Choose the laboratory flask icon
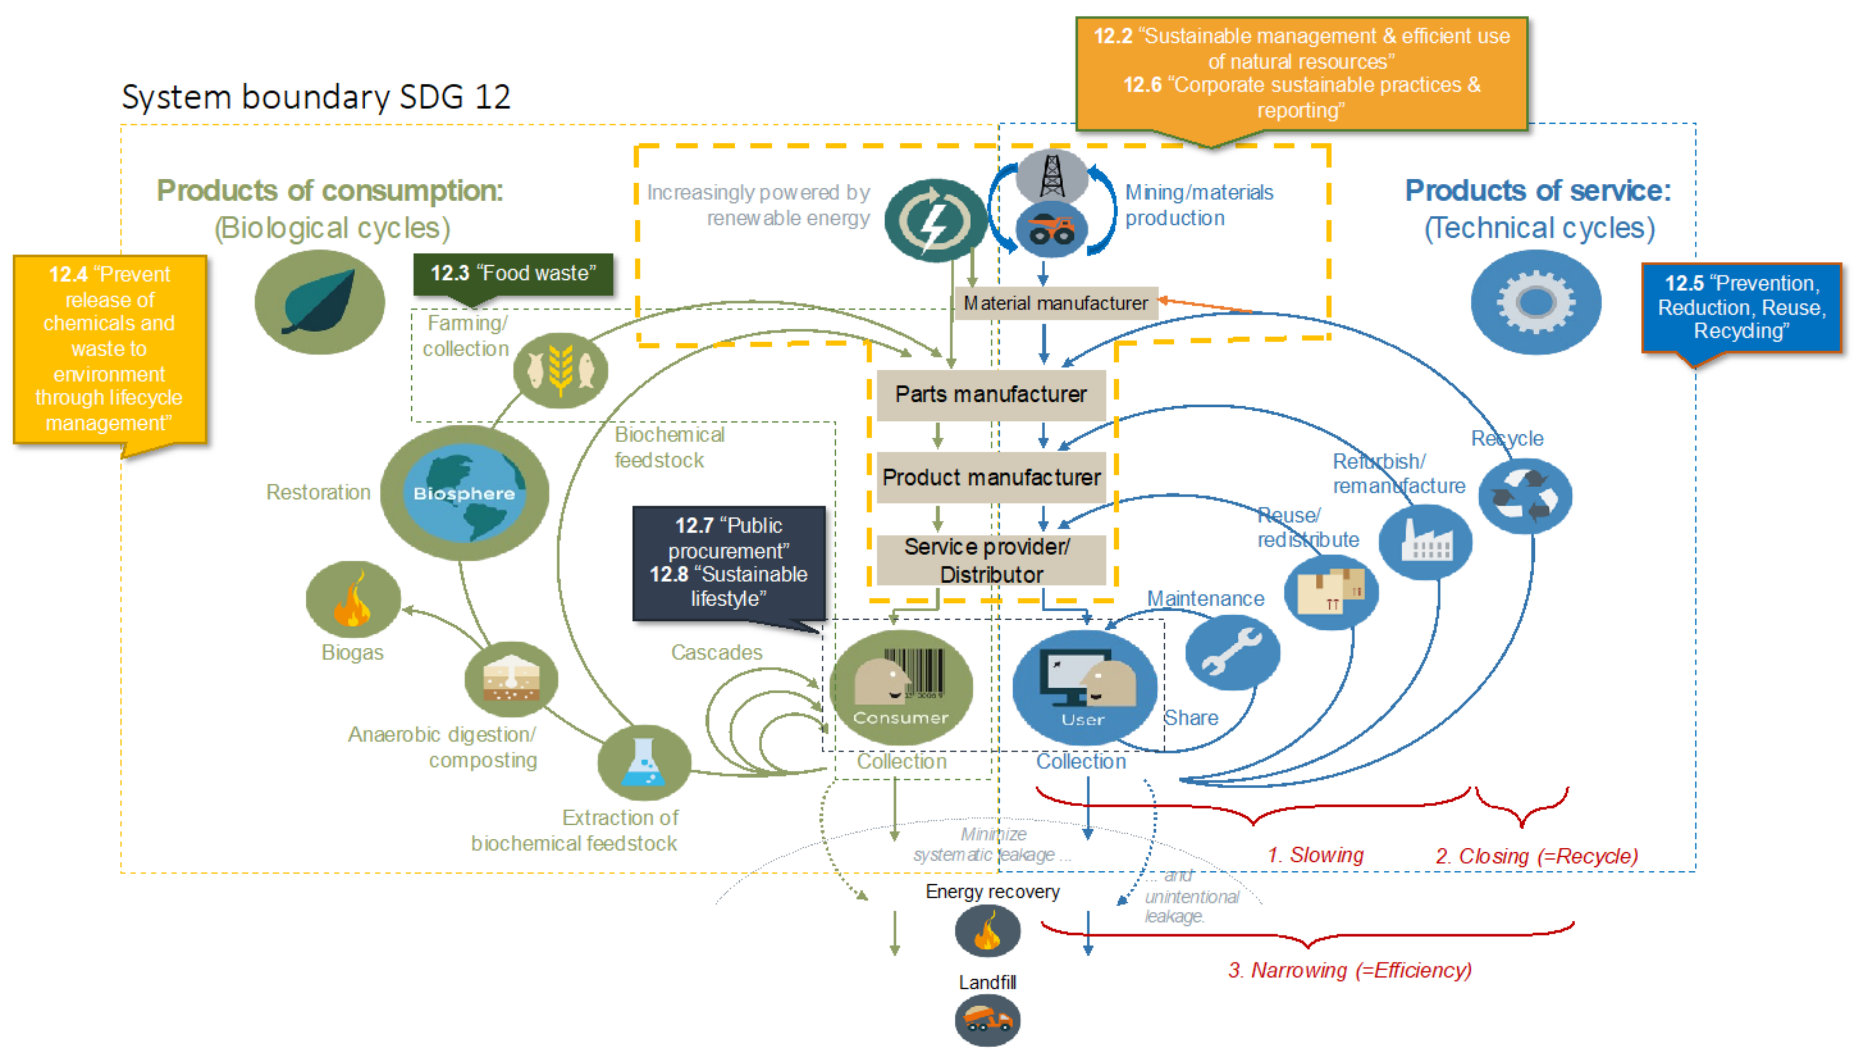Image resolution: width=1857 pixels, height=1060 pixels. click(x=643, y=762)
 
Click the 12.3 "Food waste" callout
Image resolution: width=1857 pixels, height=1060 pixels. click(x=513, y=274)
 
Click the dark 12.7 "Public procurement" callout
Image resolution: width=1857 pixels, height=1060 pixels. click(x=729, y=562)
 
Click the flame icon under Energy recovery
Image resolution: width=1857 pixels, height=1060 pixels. click(x=987, y=931)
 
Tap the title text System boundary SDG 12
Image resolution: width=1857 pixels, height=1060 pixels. click(x=316, y=97)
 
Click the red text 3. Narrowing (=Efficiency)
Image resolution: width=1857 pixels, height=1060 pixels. click(x=1349, y=970)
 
